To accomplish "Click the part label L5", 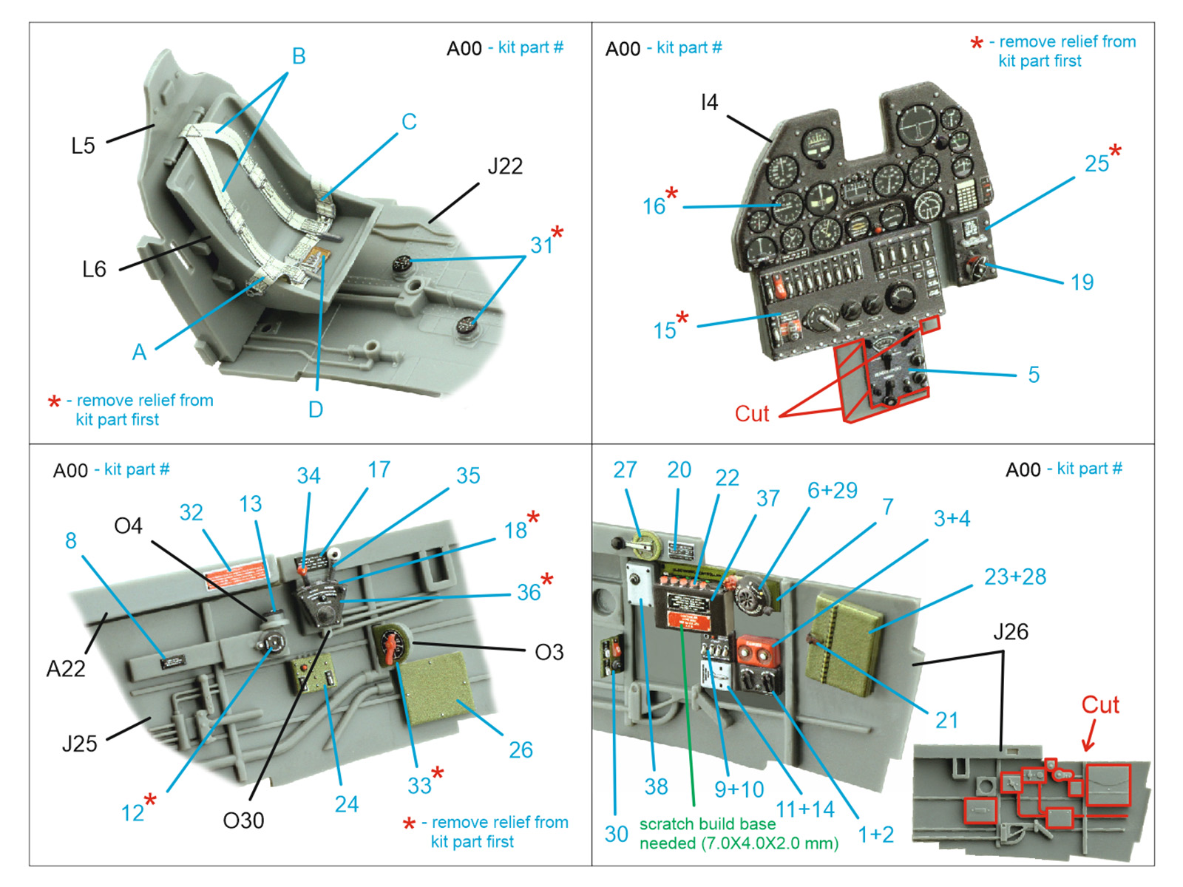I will pyautogui.click(x=83, y=146).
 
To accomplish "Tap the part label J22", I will pyautogui.click(x=505, y=166).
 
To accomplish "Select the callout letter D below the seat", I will pyautogui.click(x=316, y=409).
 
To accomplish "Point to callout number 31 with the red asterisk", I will pyautogui.click(x=543, y=245).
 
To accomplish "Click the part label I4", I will pyautogui.click(x=709, y=103).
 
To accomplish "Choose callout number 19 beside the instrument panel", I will pyautogui.click(x=1082, y=282).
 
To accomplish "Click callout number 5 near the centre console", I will pyautogui.click(x=1034, y=375).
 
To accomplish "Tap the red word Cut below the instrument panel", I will pyautogui.click(x=751, y=414).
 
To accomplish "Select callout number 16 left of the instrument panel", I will pyautogui.click(x=654, y=206).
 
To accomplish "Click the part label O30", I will pyautogui.click(x=243, y=820).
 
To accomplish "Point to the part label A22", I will pyautogui.click(x=66, y=669).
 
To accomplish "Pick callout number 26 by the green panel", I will pyautogui.click(x=521, y=750).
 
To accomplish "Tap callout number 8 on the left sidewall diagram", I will pyautogui.click(x=71, y=540).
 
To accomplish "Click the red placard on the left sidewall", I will pyautogui.click(x=236, y=575).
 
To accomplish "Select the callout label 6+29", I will pyautogui.click(x=832, y=490).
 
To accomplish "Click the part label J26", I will pyautogui.click(x=1010, y=632).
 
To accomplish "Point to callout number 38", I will pyautogui.click(x=656, y=786).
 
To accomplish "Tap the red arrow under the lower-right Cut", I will pyautogui.click(x=1089, y=738).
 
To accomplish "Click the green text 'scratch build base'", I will pyautogui.click(x=708, y=824).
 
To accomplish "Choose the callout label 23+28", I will pyautogui.click(x=1014, y=577).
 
